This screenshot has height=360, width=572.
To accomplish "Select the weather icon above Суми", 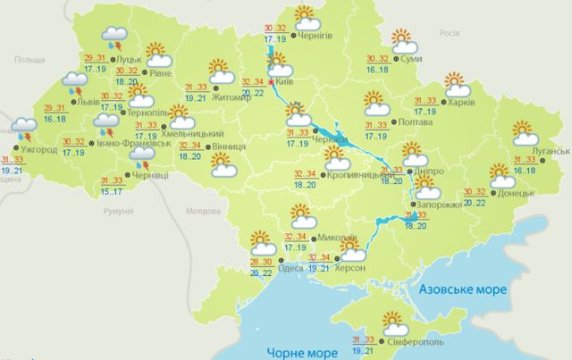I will coord(405,40).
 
